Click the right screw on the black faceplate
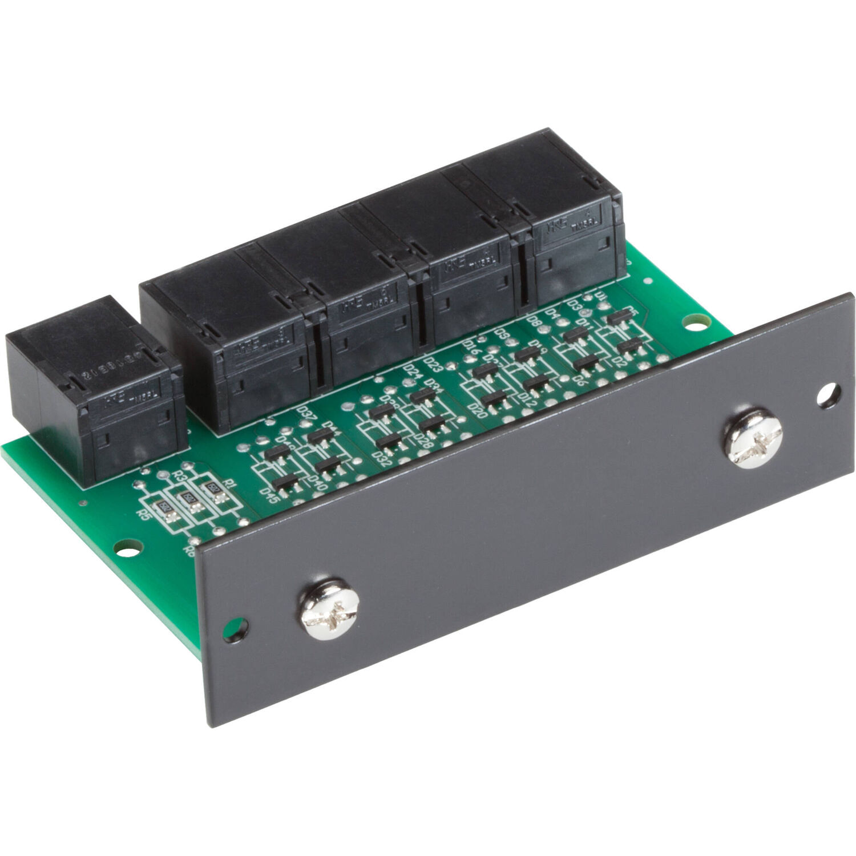coord(753,438)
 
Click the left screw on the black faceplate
coord(330,609)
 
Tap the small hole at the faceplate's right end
coord(828,394)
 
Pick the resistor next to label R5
coord(165,507)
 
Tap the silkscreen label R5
coord(143,514)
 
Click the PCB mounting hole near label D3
coord(693,322)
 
